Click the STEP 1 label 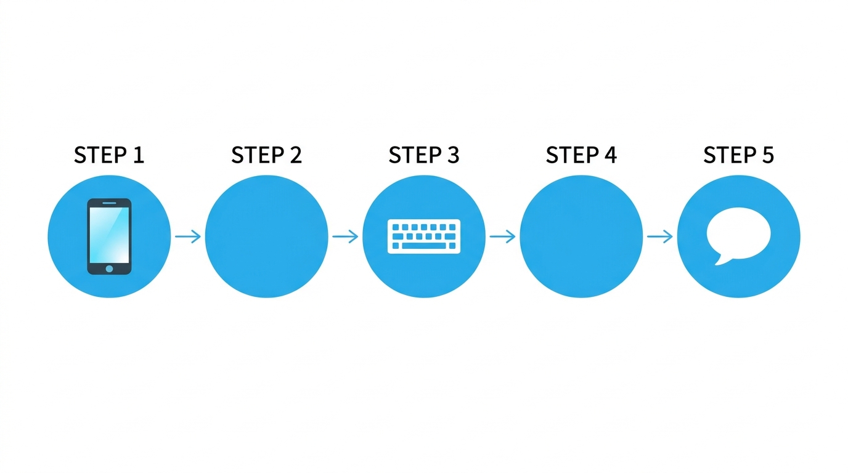(x=109, y=155)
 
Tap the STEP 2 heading (x=266, y=155)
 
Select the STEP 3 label (x=424, y=155)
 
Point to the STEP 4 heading (x=581, y=155)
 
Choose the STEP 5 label (x=738, y=155)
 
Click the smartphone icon (x=110, y=236)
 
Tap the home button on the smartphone (x=110, y=269)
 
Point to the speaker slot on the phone (x=110, y=203)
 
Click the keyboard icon (x=424, y=236)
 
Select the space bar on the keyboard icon (x=424, y=246)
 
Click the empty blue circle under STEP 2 (x=266, y=236)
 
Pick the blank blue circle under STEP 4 (x=581, y=236)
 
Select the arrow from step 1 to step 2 (x=188, y=236)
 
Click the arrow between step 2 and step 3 (x=345, y=236)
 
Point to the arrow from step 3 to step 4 (x=502, y=236)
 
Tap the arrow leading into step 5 (x=660, y=236)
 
